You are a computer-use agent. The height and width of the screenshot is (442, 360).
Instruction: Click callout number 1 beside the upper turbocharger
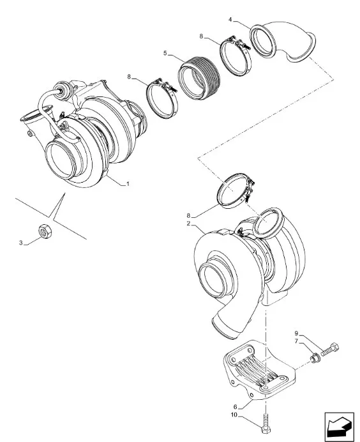128,185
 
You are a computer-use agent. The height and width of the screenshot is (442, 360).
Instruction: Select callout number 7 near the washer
297,342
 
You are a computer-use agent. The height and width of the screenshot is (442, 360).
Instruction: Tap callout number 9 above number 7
297,333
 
